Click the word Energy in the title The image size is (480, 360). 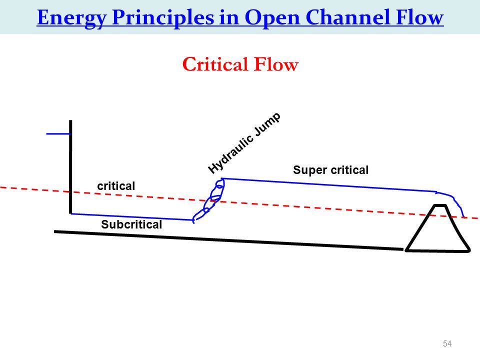pyautogui.click(x=71, y=18)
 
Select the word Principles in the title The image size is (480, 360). pyautogui.click(x=163, y=18)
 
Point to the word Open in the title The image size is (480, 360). pyautogui.click(x=272, y=18)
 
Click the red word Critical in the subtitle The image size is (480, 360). pyautogui.click(x=215, y=64)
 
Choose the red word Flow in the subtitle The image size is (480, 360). pyautogui.click(x=276, y=64)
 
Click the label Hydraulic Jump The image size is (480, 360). pyautogui.click(x=244, y=143)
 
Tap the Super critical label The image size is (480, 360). pyautogui.click(x=330, y=170)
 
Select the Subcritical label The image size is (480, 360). pyautogui.click(x=131, y=224)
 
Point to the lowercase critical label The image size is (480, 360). pyautogui.click(x=116, y=186)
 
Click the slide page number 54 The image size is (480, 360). pyautogui.click(x=447, y=343)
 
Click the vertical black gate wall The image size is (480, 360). pyautogui.click(x=70, y=167)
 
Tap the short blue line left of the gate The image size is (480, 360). pyautogui.click(x=58, y=134)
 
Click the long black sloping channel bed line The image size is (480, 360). pyautogui.click(x=228, y=240)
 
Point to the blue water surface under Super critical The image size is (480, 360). pyautogui.click(x=329, y=185)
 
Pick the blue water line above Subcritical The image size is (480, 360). pyautogui.click(x=132, y=216)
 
